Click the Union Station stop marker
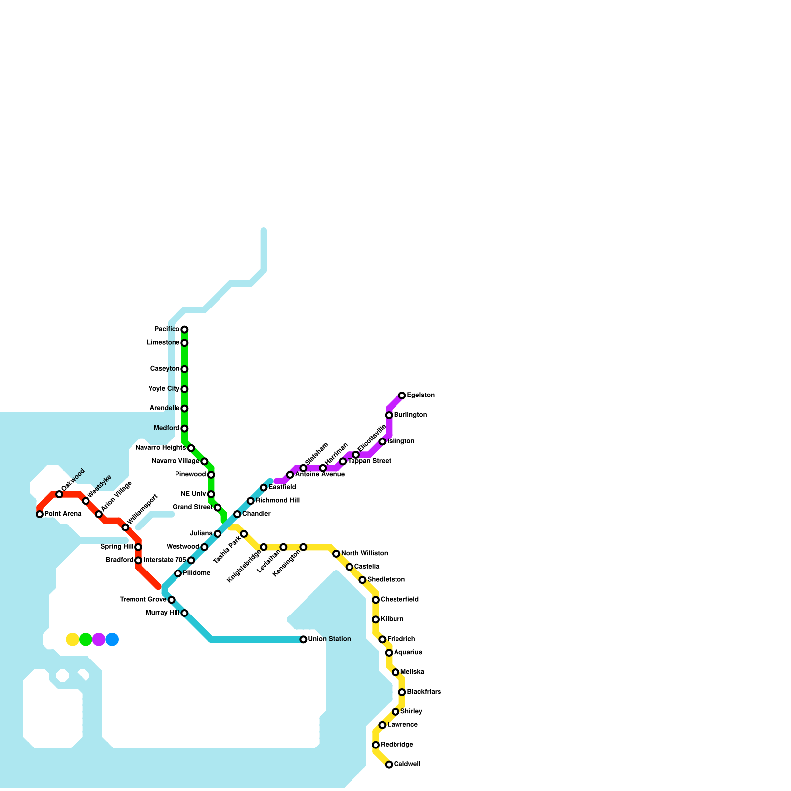[x=303, y=639]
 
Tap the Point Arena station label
[x=63, y=514]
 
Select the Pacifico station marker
[x=184, y=329]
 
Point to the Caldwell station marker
[x=389, y=765]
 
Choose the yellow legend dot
[x=73, y=639]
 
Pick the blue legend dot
[x=112, y=639]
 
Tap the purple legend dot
[x=99, y=639]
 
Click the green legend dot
[x=86, y=639]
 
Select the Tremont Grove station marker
[x=171, y=600]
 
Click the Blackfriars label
[x=424, y=692]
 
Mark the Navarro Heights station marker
[x=191, y=448]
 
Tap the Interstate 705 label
[x=165, y=560]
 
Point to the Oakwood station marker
[x=59, y=494]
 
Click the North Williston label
[x=364, y=554]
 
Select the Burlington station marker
[x=389, y=415]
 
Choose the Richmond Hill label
[x=277, y=501]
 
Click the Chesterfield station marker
[x=376, y=600]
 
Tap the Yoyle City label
[x=164, y=389]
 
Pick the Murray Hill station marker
[x=184, y=613]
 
